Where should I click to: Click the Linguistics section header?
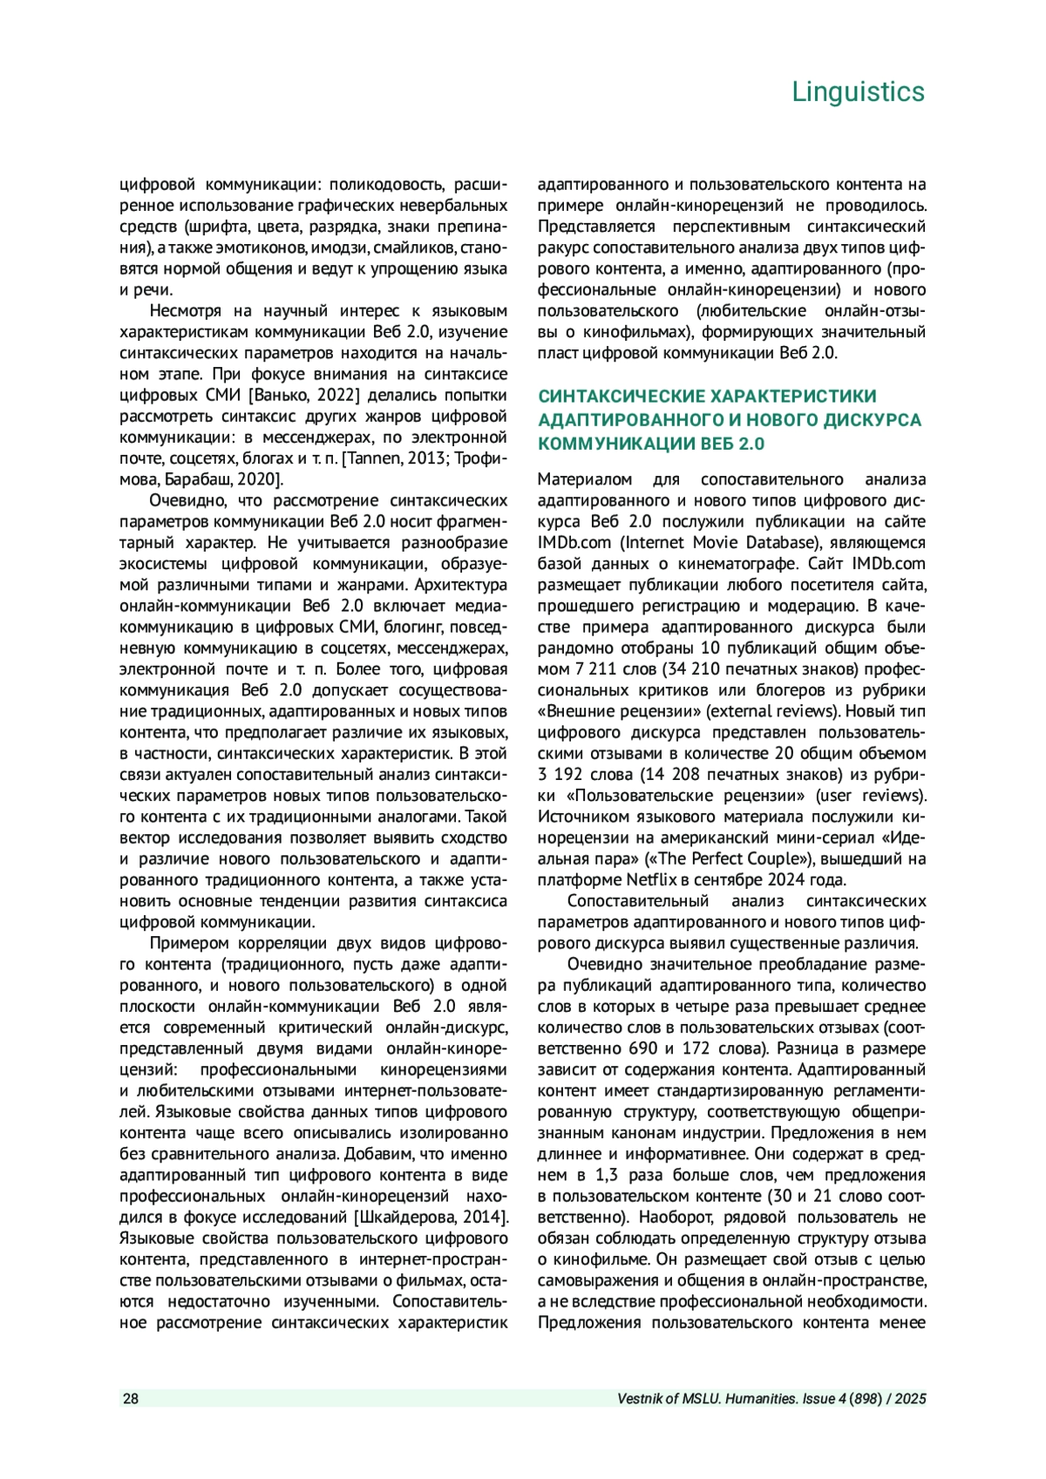(858, 92)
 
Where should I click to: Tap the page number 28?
(130, 1399)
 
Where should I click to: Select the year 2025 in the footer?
(910, 1399)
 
